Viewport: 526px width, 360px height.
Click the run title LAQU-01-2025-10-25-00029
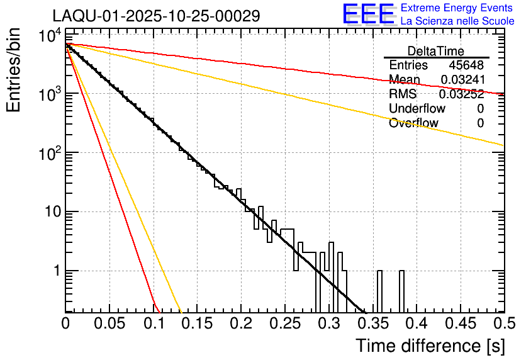pos(156,16)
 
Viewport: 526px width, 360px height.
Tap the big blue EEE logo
pos(368,14)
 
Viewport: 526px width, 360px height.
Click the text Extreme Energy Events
pos(457,8)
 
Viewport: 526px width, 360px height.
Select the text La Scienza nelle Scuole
pos(457,21)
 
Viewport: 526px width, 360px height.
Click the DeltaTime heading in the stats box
pos(435,51)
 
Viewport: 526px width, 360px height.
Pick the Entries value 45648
pos(466,65)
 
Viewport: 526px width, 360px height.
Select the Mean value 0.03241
pos(462,80)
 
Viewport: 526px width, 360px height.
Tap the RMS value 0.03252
pos(462,94)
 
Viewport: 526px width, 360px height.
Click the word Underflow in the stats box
pos(417,109)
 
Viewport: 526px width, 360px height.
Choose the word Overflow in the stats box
pos(413,123)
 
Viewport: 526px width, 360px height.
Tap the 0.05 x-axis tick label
pos(109,323)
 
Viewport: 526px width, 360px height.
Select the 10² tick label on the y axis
pos(47,153)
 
